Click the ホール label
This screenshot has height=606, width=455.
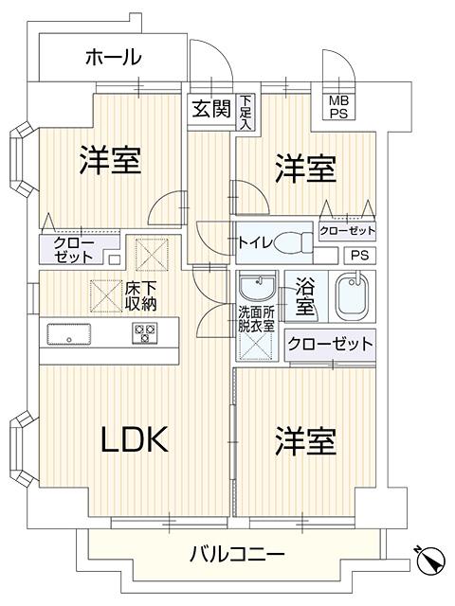click(114, 57)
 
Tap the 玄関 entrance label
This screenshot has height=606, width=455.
click(211, 109)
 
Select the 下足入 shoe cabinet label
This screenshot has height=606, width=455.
click(245, 112)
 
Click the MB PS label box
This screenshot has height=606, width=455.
click(339, 107)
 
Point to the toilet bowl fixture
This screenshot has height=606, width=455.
click(293, 242)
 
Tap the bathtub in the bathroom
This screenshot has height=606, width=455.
click(352, 296)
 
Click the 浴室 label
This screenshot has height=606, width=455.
click(305, 296)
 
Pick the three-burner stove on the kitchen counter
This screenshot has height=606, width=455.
click(145, 332)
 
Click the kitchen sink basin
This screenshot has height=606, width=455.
click(69, 334)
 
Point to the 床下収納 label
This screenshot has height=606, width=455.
click(141, 296)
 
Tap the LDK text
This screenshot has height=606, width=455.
click(135, 439)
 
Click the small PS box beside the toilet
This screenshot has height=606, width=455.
click(359, 256)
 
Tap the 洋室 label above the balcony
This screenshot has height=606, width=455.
click(305, 442)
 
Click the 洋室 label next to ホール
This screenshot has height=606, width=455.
click(110, 160)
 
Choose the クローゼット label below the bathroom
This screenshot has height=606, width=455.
click(330, 343)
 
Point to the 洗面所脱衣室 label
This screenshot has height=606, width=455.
click(256, 319)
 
